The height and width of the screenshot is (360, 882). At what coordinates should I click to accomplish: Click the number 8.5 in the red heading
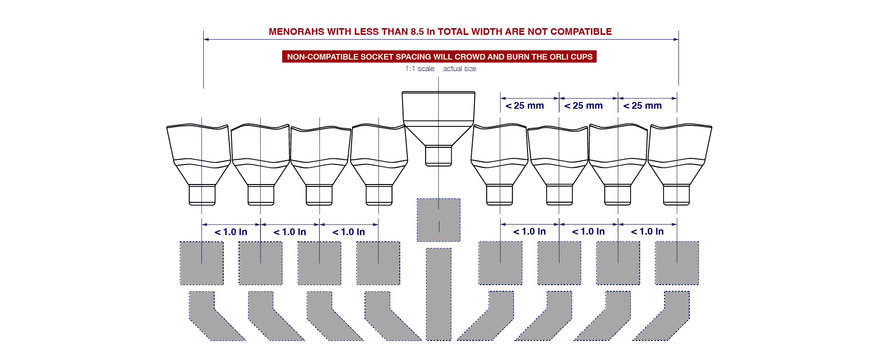click(417, 32)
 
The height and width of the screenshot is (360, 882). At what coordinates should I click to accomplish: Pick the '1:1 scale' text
click(420, 69)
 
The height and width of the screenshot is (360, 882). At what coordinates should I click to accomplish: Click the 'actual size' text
click(459, 69)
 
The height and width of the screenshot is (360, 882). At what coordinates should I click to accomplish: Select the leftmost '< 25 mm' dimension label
click(525, 106)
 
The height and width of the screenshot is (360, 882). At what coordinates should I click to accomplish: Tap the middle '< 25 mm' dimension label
click(583, 106)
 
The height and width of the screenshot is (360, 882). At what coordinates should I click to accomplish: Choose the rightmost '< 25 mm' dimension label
click(643, 106)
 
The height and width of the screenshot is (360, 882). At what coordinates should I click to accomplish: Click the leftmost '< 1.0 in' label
click(231, 232)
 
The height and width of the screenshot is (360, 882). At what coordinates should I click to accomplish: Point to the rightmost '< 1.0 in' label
click(647, 232)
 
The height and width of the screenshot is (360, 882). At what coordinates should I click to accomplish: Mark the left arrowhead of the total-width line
click(206, 40)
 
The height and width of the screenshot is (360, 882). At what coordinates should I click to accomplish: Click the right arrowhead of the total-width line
click(676, 40)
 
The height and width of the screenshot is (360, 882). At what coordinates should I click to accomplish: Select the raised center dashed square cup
click(438, 220)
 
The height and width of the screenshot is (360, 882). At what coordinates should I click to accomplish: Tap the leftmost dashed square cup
click(201, 263)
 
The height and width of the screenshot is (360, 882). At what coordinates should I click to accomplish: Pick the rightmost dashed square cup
click(677, 263)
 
